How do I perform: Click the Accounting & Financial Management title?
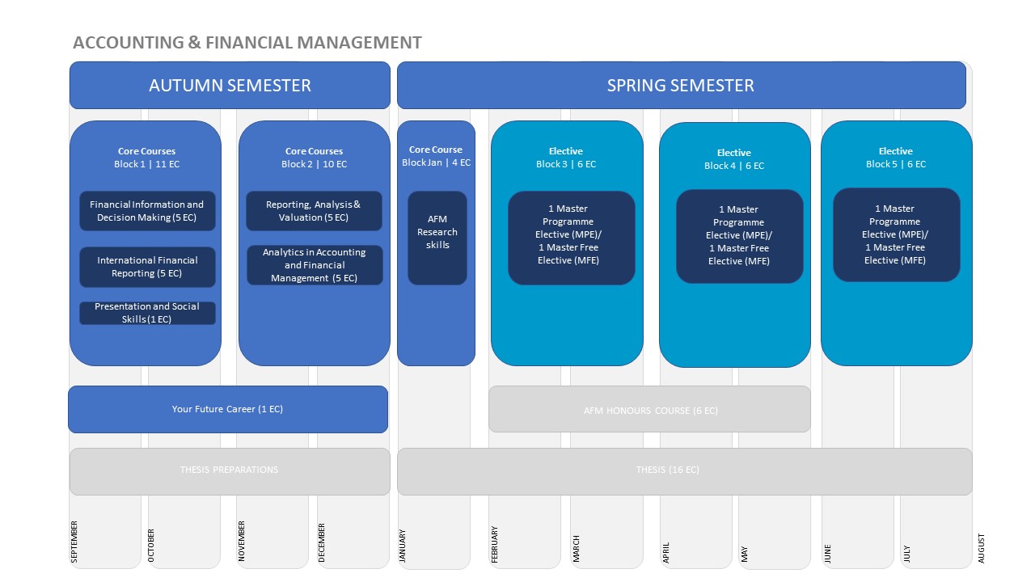click(x=247, y=43)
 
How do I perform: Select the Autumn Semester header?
click(x=230, y=86)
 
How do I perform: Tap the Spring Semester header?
click(x=681, y=86)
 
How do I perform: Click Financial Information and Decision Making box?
click(x=147, y=211)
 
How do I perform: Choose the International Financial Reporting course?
click(x=147, y=267)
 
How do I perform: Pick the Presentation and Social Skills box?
click(x=147, y=313)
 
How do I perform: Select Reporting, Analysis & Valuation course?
click(x=314, y=211)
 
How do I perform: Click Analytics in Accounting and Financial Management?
click(x=315, y=265)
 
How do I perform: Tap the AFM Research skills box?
click(x=437, y=238)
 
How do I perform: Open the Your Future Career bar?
click(x=228, y=409)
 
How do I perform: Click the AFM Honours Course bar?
click(x=649, y=409)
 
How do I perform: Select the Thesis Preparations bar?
click(x=230, y=471)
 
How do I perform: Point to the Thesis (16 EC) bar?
click(x=684, y=471)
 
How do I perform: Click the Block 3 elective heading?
click(x=566, y=158)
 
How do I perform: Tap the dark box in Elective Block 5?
click(x=897, y=234)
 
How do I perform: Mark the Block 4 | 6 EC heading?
click(x=734, y=166)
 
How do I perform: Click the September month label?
click(x=74, y=542)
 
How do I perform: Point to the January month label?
click(x=403, y=546)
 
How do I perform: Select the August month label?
click(x=981, y=548)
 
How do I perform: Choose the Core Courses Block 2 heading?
click(x=315, y=158)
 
